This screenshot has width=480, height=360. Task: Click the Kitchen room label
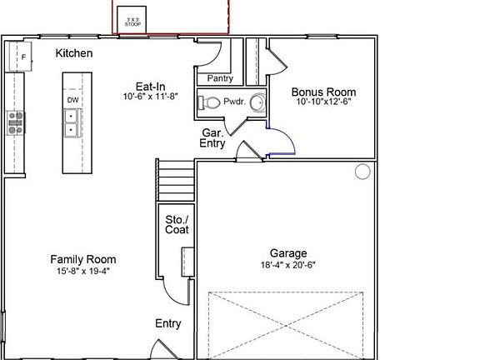(74, 53)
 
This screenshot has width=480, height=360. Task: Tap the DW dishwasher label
(72, 101)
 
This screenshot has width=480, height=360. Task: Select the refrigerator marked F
(22, 56)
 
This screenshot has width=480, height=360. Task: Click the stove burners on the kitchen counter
(16, 123)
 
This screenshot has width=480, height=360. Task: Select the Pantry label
(220, 78)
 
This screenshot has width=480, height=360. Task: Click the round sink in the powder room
(256, 104)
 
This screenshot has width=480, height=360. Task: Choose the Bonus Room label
(323, 92)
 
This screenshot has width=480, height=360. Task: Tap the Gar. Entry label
(212, 138)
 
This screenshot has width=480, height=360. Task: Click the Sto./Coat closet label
(177, 225)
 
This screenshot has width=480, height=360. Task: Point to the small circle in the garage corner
(362, 172)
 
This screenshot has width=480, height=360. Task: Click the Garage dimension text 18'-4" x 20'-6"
(287, 265)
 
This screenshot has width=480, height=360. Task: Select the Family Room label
(83, 259)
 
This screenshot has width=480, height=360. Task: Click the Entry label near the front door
(168, 323)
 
